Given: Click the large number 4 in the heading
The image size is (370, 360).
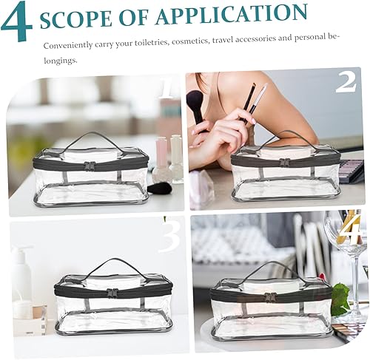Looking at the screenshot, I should pyautogui.click(x=17, y=21).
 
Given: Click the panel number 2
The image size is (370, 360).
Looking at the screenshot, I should pyautogui.click(x=346, y=81).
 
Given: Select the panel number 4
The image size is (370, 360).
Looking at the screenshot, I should pyautogui.click(x=350, y=228).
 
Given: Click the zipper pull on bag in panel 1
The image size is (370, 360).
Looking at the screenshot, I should pyautogui.click(x=90, y=166).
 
